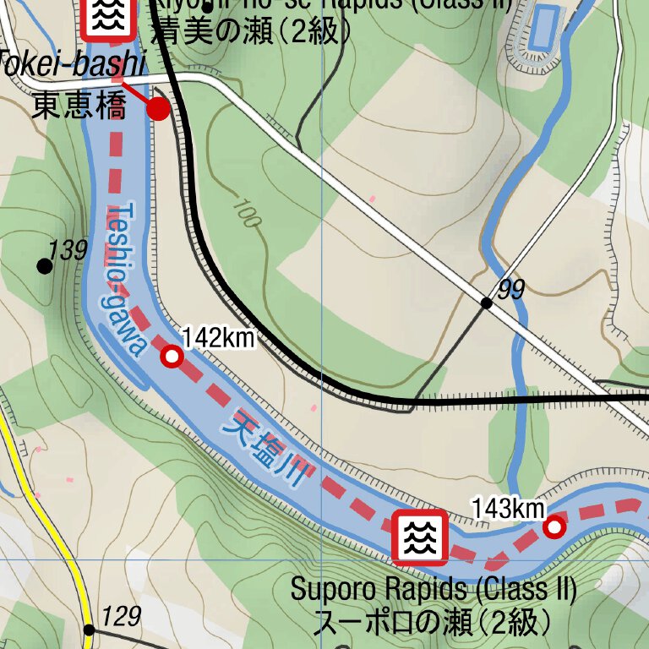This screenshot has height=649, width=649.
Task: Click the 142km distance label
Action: click(x=218, y=338)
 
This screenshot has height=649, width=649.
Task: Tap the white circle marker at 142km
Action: click(x=172, y=357)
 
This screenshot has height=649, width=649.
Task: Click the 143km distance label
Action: click(x=508, y=509)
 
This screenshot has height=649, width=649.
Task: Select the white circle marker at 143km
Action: click(x=554, y=527)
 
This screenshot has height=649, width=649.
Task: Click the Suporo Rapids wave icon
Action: click(x=420, y=537)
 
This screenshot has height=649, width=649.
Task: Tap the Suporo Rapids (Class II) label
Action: click(x=434, y=589)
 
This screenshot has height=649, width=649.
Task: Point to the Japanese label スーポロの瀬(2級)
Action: click(x=433, y=623)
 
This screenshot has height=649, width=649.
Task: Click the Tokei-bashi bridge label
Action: click(x=72, y=63)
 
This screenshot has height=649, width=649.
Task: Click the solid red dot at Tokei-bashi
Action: click(x=159, y=108)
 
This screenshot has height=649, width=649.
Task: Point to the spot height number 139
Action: click(x=68, y=250)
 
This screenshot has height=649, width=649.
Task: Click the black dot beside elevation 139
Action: click(x=45, y=266)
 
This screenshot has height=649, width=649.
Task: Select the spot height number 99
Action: click(x=511, y=290)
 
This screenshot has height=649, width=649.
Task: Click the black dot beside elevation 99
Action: click(x=486, y=303)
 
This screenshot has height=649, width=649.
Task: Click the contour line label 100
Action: click(x=245, y=214)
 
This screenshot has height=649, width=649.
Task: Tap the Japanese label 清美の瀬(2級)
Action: click(x=250, y=31)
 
